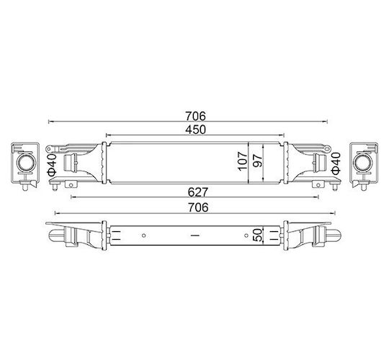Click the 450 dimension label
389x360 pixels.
pos(195,130)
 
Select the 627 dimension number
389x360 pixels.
pos(197,192)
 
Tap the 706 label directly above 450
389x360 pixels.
pos(196,116)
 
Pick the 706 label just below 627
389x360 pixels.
pos(198,207)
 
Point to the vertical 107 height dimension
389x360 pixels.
pos(243,161)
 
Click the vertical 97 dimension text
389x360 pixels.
pos(257,161)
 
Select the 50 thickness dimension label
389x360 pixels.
pos(257,235)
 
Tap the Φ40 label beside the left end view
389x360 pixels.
pos(52,163)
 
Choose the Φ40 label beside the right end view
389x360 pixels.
pos(336,163)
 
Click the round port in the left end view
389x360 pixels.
pos(25,163)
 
